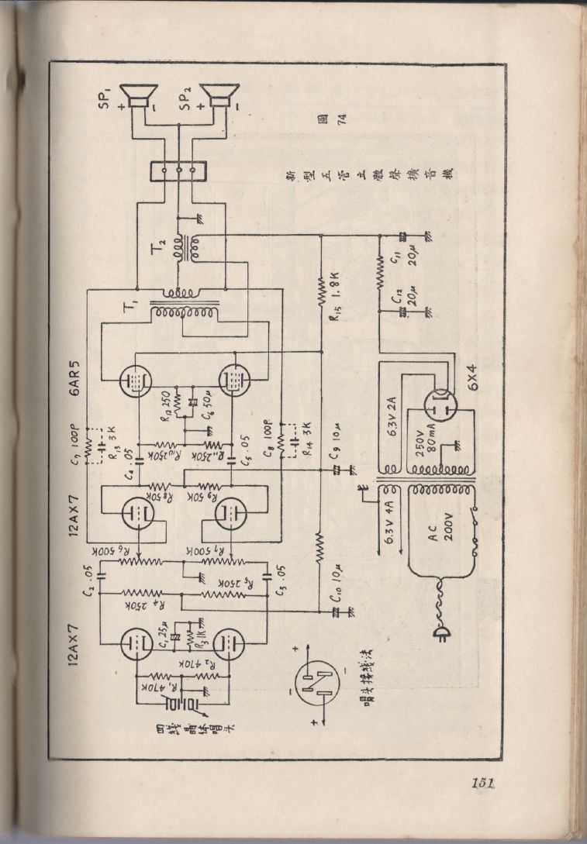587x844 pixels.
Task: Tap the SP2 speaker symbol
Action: click(x=220, y=98)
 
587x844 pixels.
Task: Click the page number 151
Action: click(x=482, y=784)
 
